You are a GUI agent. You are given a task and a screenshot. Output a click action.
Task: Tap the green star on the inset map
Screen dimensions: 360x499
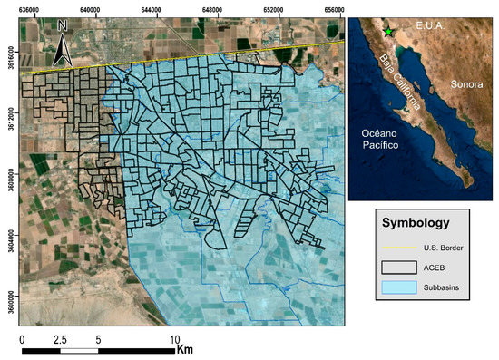[388, 32]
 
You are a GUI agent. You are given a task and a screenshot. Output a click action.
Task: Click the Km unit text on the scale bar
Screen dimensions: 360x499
[186, 348]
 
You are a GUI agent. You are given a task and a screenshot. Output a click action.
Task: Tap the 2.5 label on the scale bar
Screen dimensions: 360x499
[59, 338]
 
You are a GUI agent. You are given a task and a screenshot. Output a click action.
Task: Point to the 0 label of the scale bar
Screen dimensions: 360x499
[22, 338]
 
